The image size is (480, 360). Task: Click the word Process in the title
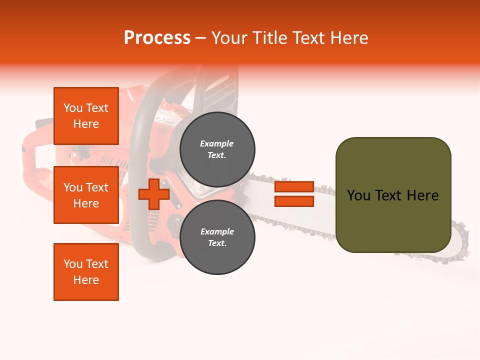157,38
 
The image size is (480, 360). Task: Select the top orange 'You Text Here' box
86,116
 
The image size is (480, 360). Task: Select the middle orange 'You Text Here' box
86,195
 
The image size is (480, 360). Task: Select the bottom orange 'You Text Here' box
86,272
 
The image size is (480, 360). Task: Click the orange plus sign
154,194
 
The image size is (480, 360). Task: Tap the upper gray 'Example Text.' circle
217,149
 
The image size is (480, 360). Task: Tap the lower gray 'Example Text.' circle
217,237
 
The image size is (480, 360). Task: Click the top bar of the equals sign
294,187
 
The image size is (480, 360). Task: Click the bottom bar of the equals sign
294,201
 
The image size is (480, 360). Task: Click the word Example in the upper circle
217,144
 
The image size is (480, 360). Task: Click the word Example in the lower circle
217,232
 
